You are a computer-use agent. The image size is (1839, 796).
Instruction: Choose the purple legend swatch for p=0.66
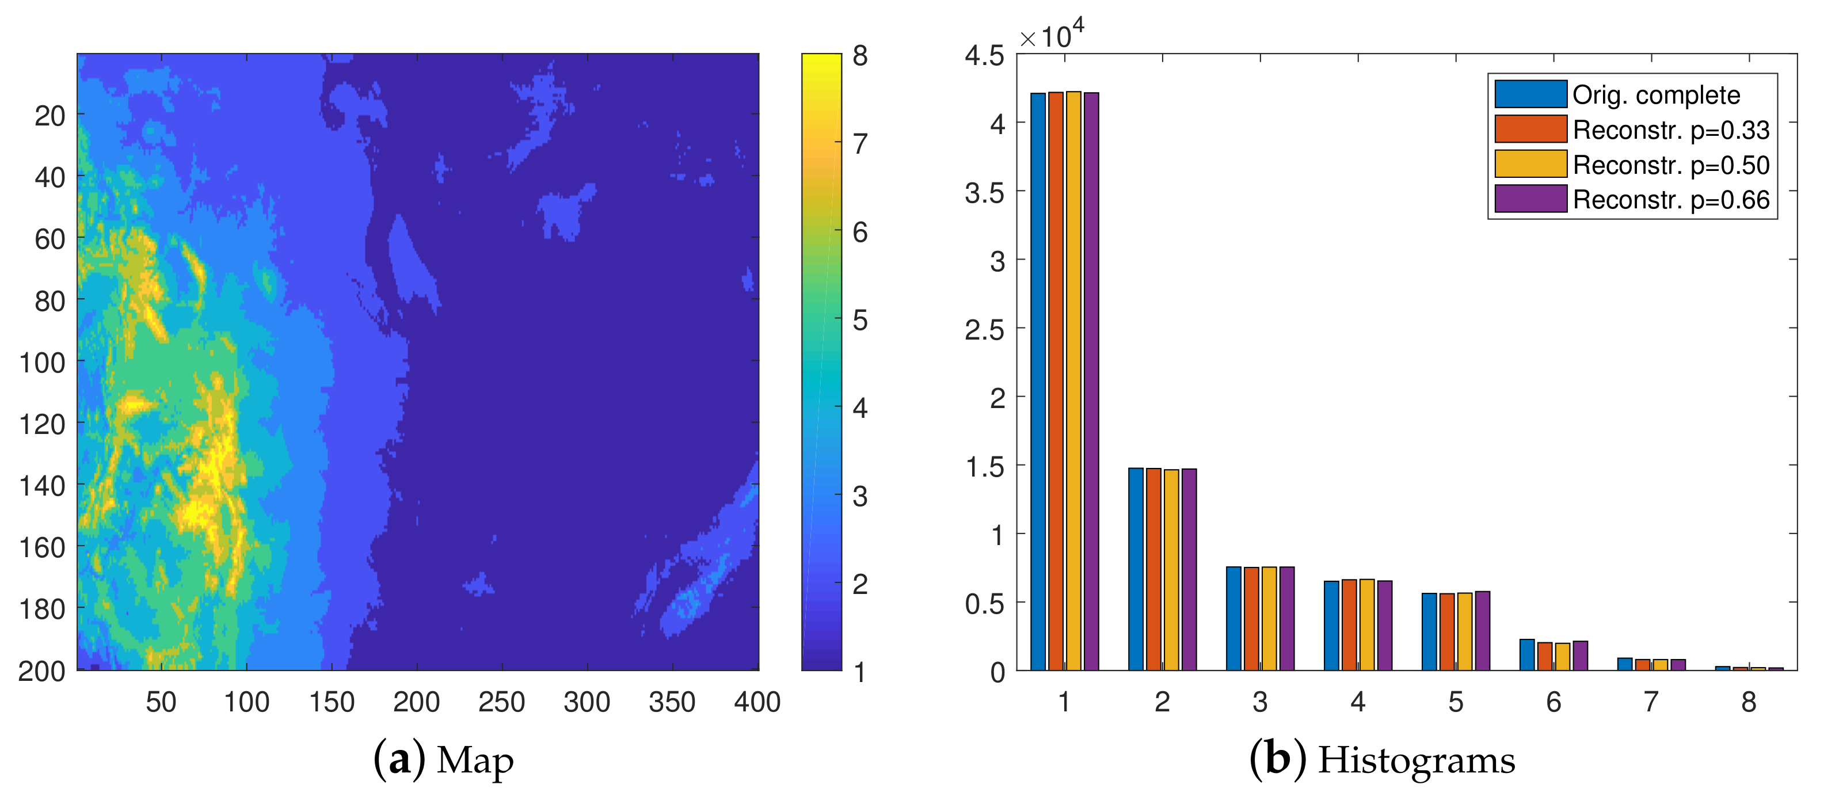(1530, 199)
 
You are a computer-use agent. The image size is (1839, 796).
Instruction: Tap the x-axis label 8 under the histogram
(1748, 703)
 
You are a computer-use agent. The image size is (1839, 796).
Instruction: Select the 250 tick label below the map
(501, 703)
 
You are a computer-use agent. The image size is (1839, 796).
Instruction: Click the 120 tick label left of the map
(42, 425)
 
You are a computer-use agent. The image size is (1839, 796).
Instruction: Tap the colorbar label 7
(861, 144)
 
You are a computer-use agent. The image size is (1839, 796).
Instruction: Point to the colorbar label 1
(861, 672)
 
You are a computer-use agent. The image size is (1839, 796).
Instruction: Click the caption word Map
(475, 760)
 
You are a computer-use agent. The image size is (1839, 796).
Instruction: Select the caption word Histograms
(1417, 760)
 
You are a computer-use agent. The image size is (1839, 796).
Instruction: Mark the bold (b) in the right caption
(1278, 759)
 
